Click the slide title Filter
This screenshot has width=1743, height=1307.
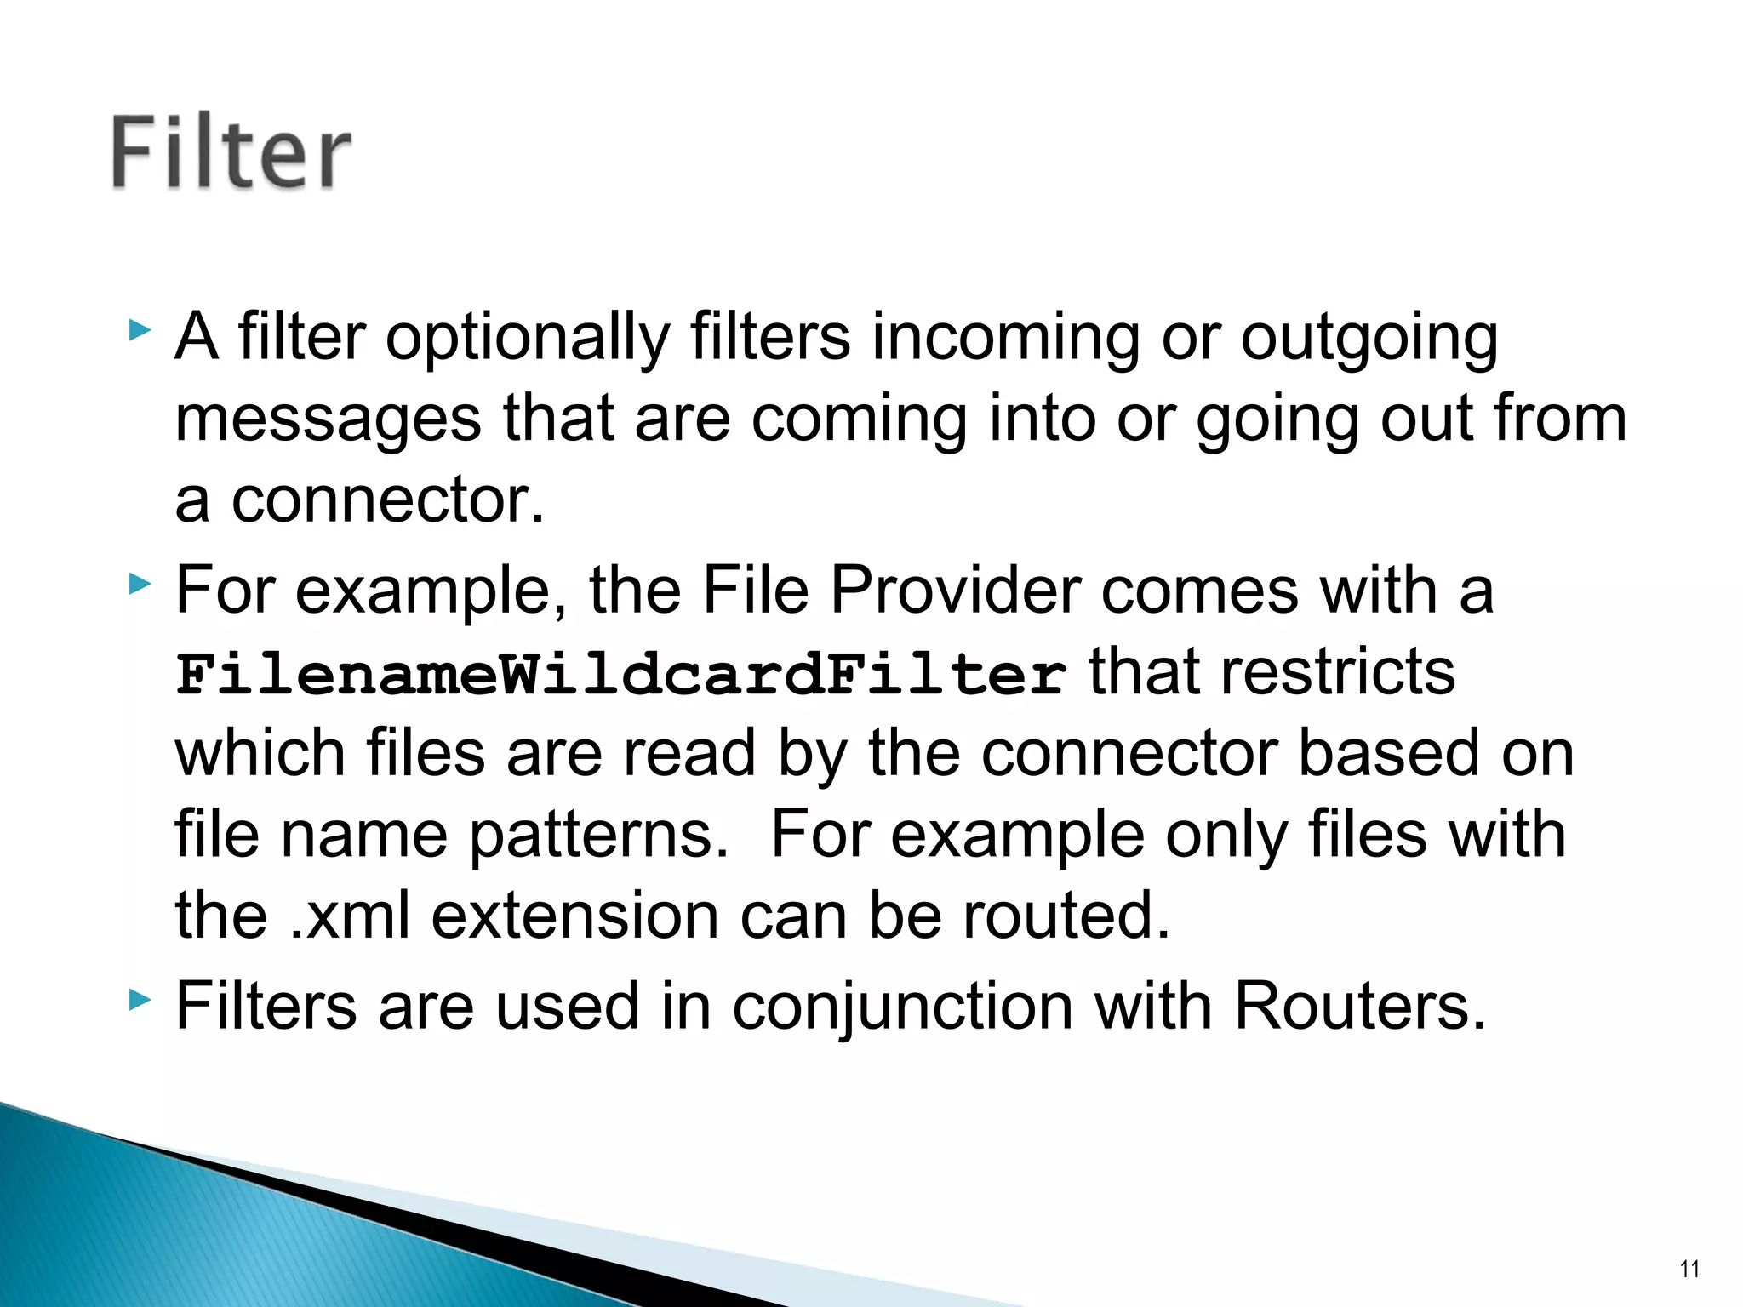(x=231, y=153)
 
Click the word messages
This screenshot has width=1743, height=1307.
(x=328, y=419)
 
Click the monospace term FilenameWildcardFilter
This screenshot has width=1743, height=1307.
(x=620, y=674)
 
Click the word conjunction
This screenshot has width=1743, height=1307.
(x=902, y=1007)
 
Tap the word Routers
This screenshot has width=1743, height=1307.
(x=1358, y=1007)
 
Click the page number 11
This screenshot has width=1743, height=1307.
(x=1689, y=1270)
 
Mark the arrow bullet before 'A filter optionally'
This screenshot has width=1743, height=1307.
(x=140, y=330)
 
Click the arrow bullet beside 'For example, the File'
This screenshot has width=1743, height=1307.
(x=140, y=584)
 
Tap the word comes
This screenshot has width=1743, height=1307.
(x=1199, y=589)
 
